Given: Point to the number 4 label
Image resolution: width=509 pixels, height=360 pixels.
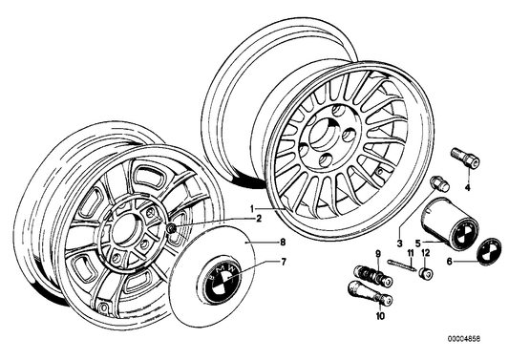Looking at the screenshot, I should (x=467, y=189).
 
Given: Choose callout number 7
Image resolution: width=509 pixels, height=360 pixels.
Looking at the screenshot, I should (x=282, y=260).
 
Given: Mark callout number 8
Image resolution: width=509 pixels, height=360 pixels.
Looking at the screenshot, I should (x=282, y=244).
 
